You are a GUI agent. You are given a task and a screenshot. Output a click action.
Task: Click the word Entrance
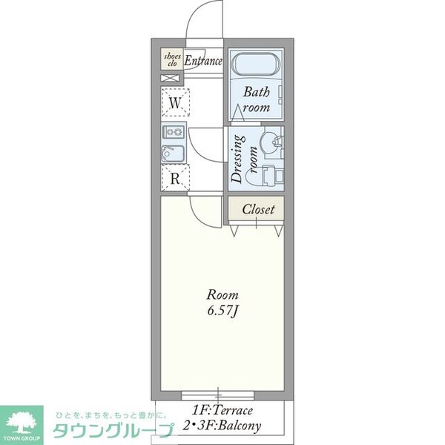pyautogui.click(x=203, y=61)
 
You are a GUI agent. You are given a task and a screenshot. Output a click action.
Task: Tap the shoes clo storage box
pyautogui.click(x=171, y=60)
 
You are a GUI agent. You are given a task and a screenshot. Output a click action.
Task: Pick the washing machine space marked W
pyautogui.click(x=175, y=103)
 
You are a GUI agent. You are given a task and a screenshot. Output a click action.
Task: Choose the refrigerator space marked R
pyautogui.click(x=175, y=178)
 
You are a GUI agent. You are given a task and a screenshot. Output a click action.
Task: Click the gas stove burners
pyautogui.click(x=174, y=133)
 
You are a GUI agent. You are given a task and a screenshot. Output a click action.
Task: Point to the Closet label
pyautogui.click(x=258, y=209)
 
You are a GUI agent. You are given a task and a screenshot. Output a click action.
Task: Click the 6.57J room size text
pyautogui.click(x=222, y=309)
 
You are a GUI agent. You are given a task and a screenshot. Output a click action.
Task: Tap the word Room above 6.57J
pyautogui.click(x=222, y=294)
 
